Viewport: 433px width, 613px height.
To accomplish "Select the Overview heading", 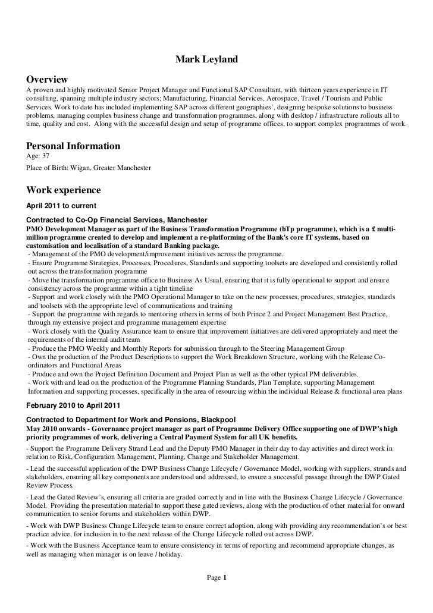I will (48, 80).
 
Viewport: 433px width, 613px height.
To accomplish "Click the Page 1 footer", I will (216, 577).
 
